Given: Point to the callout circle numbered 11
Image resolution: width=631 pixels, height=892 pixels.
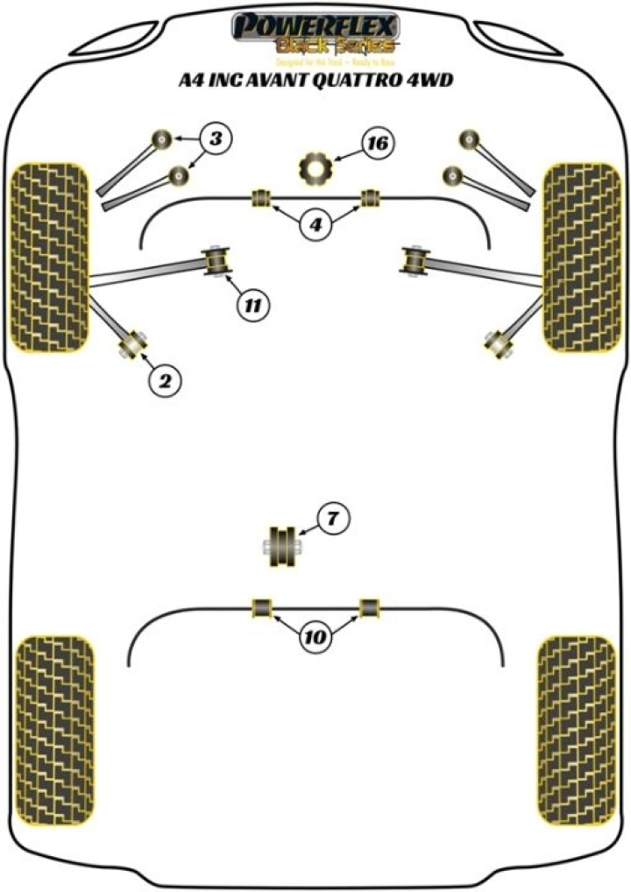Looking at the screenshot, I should (x=252, y=306).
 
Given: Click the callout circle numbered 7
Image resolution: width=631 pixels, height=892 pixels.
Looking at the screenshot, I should (x=332, y=520).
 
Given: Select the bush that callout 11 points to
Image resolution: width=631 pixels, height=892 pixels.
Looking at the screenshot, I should (x=216, y=260).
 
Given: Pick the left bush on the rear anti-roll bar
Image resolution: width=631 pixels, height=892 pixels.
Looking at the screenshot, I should (x=260, y=607).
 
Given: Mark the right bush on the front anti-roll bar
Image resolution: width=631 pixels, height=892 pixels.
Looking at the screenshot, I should (x=371, y=198).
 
